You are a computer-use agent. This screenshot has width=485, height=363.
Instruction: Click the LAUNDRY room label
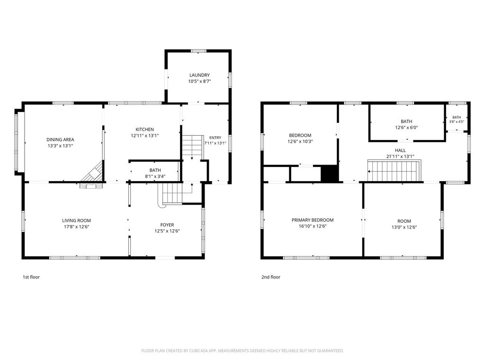(x=199, y=75)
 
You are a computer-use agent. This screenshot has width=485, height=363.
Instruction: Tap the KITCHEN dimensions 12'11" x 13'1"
(x=145, y=136)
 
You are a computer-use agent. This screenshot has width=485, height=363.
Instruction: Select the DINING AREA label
(x=60, y=140)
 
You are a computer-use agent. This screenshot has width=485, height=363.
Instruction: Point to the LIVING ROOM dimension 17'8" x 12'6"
(x=76, y=227)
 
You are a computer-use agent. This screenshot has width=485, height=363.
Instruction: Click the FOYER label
(x=167, y=225)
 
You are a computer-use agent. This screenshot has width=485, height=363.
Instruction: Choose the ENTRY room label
(x=216, y=138)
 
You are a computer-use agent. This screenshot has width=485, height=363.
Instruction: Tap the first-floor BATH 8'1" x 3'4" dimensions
(x=155, y=177)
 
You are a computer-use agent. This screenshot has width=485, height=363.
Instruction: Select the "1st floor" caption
(x=31, y=277)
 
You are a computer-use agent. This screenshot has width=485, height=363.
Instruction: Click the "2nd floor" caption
(x=271, y=277)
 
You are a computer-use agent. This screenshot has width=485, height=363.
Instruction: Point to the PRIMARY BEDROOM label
(x=313, y=220)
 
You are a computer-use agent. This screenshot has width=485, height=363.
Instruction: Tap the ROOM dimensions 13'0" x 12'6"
(x=404, y=227)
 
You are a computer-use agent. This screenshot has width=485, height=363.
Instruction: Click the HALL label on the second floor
(x=400, y=150)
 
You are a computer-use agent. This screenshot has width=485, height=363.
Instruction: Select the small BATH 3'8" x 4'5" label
(x=457, y=120)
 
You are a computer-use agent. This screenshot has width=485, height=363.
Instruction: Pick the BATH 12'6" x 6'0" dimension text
(x=406, y=128)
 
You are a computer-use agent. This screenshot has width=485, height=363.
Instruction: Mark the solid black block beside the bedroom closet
(x=330, y=173)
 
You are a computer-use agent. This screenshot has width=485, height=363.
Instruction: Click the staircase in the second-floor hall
(x=395, y=170)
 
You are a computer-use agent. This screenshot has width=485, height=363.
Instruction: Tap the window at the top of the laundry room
(x=198, y=51)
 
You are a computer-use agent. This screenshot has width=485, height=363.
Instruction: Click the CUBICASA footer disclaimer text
(x=242, y=351)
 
